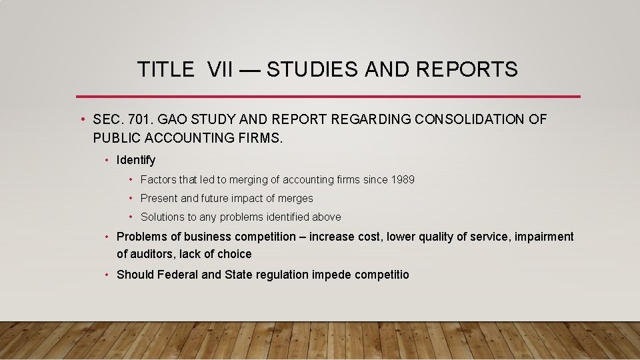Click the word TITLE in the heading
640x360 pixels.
coord(165,69)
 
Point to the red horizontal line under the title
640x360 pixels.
coord(328,97)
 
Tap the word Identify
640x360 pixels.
coord(136,160)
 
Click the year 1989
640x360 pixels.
coord(402,179)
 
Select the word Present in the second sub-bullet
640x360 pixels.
coord(159,198)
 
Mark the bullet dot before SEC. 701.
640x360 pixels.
coord(81,120)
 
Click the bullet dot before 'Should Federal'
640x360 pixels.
coord(107,275)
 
